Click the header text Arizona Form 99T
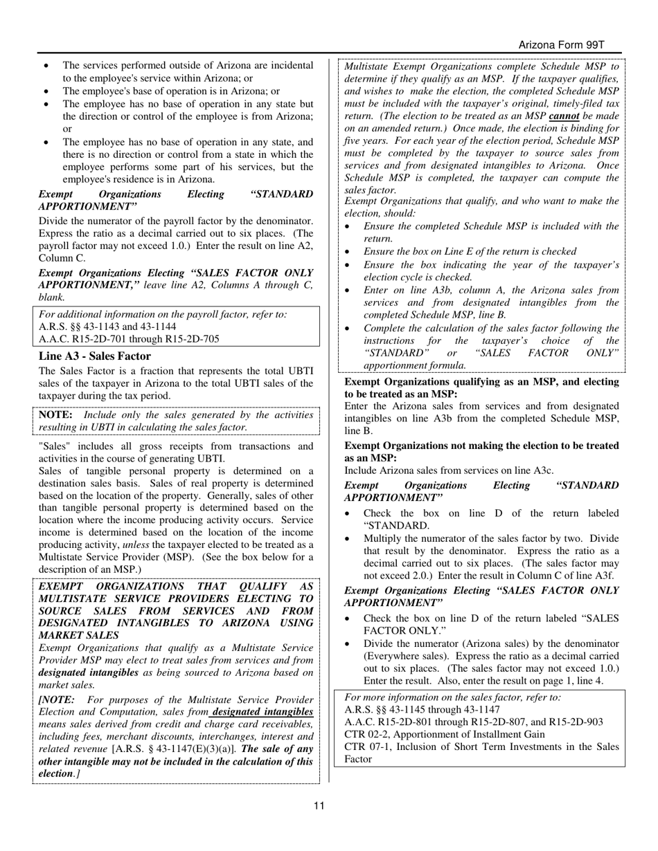(x=561, y=45)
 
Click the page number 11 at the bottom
(x=319, y=805)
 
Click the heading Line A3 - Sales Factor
(x=95, y=356)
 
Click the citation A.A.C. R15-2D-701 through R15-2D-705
(x=129, y=339)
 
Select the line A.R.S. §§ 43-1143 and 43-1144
(x=107, y=327)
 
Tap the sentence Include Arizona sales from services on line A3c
(x=449, y=470)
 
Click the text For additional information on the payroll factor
(x=163, y=314)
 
